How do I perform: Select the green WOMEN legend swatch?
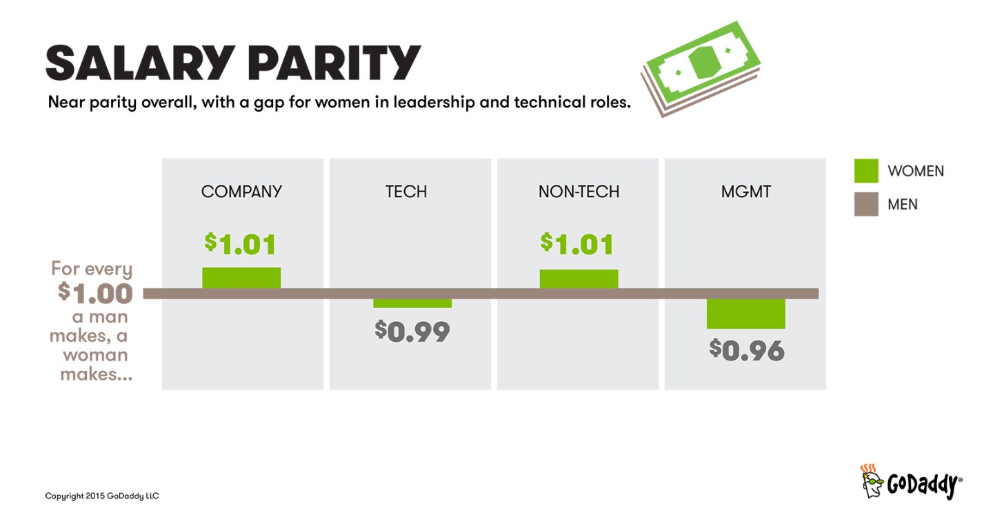[x=866, y=171]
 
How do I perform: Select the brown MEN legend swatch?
[x=866, y=205]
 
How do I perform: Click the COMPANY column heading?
[x=241, y=192]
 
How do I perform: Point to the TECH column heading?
[x=406, y=192]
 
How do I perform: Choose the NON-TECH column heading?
[x=579, y=192]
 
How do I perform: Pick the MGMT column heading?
[x=745, y=192]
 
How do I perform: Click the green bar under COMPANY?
[x=241, y=278]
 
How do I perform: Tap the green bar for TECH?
[x=412, y=303]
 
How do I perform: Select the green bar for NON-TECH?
[x=579, y=278]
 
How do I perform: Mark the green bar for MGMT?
[x=746, y=314]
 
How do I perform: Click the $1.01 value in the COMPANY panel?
[x=241, y=244]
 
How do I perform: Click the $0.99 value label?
[x=412, y=332]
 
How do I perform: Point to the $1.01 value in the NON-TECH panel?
[x=577, y=244]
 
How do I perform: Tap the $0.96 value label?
[x=747, y=350]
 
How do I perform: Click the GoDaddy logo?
[x=911, y=482]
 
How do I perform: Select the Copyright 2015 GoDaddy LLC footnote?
[x=102, y=496]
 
